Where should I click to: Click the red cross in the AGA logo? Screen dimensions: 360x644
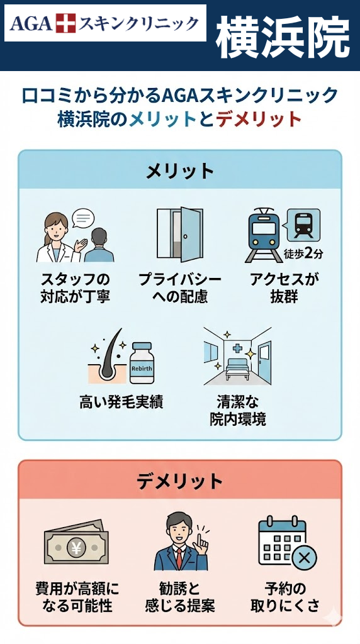tap(65, 23)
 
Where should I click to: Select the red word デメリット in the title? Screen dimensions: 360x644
tap(259, 119)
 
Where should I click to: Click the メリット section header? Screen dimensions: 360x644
tap(180, 171)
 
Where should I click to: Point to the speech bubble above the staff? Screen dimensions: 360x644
tap(83, 218)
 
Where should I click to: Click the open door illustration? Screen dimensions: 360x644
tap(180, 235)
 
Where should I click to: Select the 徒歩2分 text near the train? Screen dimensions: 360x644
tap(303, 253)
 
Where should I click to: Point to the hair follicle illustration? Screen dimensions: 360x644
tap(108, 357)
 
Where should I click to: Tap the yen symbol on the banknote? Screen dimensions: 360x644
tap(76, 547)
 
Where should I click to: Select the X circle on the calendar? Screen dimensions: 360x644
tap(304, 558)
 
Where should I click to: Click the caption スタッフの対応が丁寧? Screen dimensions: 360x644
tap(75, 288)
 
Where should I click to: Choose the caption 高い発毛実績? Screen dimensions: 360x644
tap(121, 402)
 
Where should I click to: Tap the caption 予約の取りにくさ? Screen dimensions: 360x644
tap(286, 597)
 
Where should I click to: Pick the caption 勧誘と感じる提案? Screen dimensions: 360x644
tap(180, 597)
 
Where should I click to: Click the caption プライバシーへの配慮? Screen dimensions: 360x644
tap(180, 288)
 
